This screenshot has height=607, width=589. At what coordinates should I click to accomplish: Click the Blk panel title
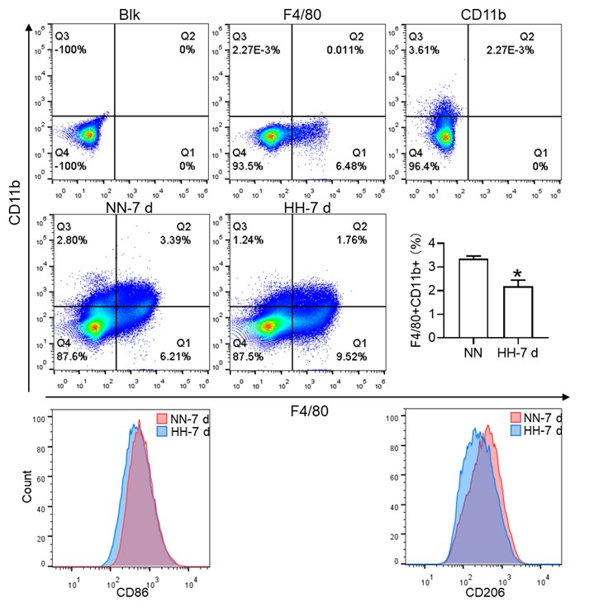point(128,15)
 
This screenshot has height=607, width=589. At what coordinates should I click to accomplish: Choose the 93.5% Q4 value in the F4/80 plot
point(248,165)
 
